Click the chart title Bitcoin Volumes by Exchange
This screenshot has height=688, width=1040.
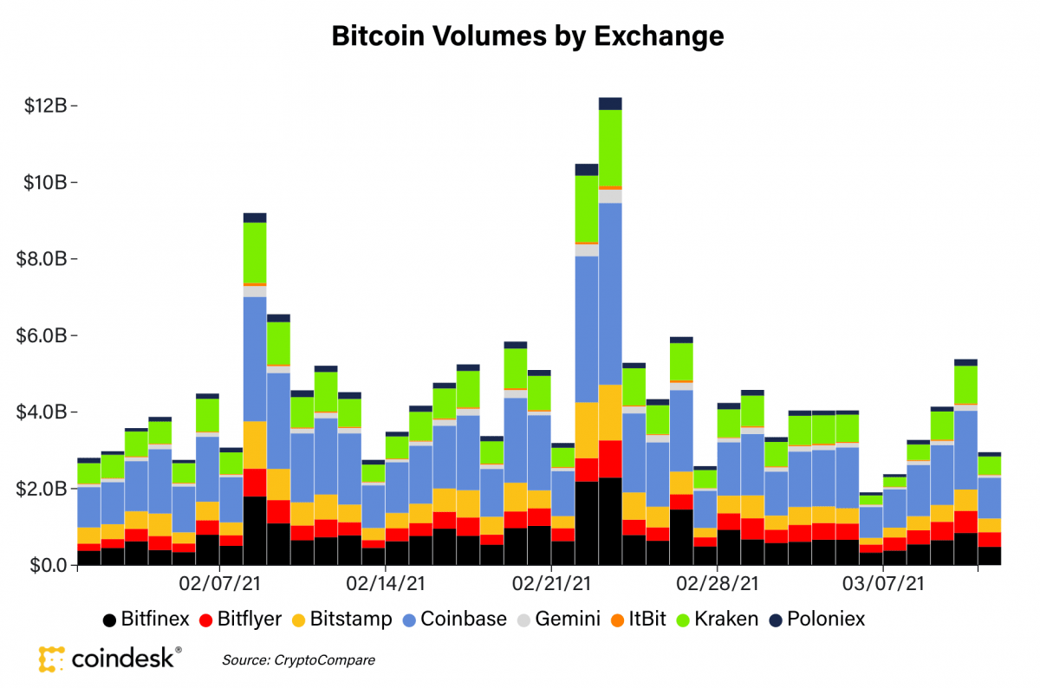tap(528, 36)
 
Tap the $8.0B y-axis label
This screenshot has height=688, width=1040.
tap(46, 259)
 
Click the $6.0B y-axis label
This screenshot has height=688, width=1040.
tap(46, 335)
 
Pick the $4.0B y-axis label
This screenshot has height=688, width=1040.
tap(46, 412)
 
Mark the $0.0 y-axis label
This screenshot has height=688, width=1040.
tap(49, 565)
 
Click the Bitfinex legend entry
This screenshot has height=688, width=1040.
tap(146, 620)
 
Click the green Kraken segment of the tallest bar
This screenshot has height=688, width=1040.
tap(610, 147)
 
